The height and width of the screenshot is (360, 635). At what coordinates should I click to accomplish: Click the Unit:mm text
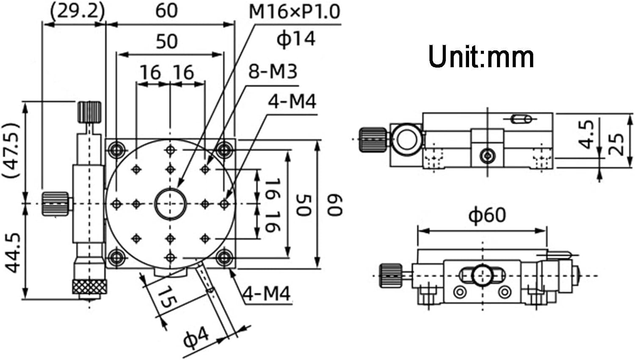tap(481, 57)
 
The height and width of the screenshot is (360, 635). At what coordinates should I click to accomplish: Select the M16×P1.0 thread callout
tap(294, 11)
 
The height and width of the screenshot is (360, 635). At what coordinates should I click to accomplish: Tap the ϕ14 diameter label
tap(296, 38)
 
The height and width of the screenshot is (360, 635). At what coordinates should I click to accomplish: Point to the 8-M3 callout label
tap(273, 71)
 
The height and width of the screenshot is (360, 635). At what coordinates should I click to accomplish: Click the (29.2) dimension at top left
tap(77, 11)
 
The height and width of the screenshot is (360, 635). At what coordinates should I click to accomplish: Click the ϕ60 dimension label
tap(487, 215)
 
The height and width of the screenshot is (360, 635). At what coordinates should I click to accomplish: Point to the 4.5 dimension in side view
tap(586, 135)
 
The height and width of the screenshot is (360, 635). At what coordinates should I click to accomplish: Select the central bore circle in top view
tap(170, 204)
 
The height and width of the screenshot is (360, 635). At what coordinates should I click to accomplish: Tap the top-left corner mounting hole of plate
tap(116, 149)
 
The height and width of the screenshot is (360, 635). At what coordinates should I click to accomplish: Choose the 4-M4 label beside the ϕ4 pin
tap(267, 293)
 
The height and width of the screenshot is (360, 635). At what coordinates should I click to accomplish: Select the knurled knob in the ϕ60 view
tap(390, 275)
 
